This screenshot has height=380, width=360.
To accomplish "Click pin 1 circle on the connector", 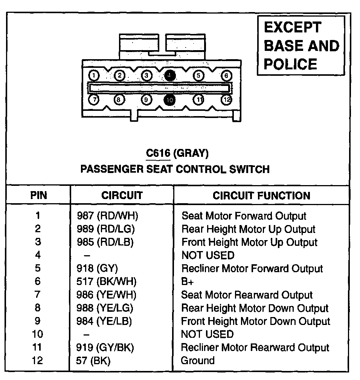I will tap(94, 75).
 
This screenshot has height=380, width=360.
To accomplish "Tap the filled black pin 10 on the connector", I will tap(170, 100).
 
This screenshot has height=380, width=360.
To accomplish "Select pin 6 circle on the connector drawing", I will tap(226, 75).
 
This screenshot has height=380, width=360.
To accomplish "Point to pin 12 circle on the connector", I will tap(227, 100).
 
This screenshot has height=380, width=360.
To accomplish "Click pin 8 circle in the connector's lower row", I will tap(119, 100).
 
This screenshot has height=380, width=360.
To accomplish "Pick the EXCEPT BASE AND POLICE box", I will tap(301, 46).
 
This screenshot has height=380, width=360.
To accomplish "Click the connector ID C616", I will tap(159, 153).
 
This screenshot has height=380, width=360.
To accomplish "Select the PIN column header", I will tap(38, 196).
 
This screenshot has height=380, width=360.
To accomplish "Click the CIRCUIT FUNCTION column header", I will tap(261, 196).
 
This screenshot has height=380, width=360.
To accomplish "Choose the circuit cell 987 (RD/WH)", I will tap(108, 216).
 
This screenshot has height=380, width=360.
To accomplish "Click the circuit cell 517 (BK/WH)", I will tap(107, 282).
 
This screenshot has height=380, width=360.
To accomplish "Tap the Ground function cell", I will tap(198, 360).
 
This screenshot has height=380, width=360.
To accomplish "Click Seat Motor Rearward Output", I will tap(247, 295).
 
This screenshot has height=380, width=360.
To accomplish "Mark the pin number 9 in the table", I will tap(38, 321).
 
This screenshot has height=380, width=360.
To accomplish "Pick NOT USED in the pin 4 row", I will tap(207, 256).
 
